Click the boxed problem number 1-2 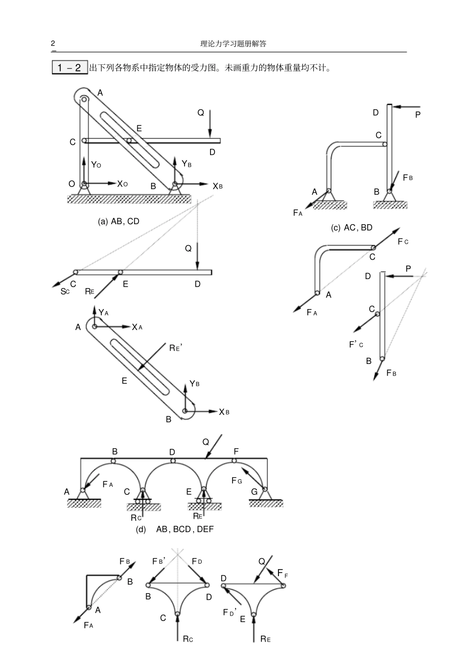[x=69, y=67]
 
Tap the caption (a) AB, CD [x=119, y=221]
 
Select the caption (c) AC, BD [x=352, y=228]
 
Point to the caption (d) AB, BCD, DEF [x=175, y=529]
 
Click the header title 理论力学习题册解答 [x=233, y=44]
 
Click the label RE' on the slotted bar [x=176, y=348]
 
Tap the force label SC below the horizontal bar [x=65, y=291]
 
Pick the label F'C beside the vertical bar [x=356, y=344]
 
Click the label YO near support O [x=96, y=164]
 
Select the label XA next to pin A [x=137, y=328]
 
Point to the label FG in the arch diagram [x=237, y=480]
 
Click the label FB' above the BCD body [x=159, y=561]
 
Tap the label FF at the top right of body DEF [x=283, y=573]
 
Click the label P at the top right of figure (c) [x=418, y=114]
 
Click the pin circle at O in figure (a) [x=84, y=184]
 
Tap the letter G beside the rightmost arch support [x=254, y=492]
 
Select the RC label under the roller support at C [x=136, y=518]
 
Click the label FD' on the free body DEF [x=230, y=612]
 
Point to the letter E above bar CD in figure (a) [x=139, y=128]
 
